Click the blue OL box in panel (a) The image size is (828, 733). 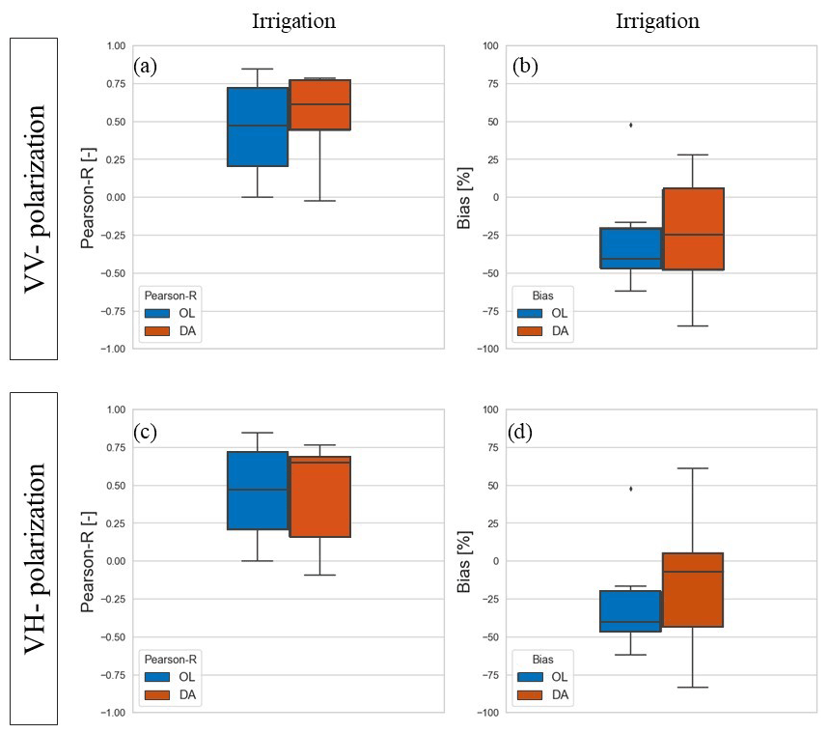(258, 127)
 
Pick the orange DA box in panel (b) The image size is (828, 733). (692, 229)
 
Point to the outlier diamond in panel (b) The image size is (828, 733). (630, 125)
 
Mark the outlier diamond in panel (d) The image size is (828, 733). (630, 489)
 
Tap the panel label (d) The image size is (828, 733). (497, 431)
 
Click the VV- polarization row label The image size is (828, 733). (34, 198)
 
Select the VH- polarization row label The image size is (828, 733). (34, 558)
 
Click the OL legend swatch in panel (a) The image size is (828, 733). (157, 313)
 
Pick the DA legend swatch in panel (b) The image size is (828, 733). (529, 331)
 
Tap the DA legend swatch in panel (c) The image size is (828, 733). (157, 694)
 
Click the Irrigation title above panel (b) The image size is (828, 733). (657, 21)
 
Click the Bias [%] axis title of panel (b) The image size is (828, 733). (464, 198)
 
